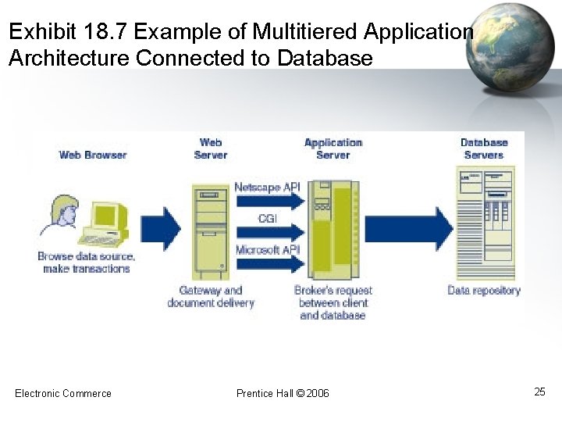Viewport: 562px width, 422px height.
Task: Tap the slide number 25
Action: pyautogui.click(x=539, y=392)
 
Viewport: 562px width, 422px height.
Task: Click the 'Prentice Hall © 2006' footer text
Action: pyautogui.click(x=283, y=393)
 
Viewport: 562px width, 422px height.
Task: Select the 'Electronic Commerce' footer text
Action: pyautogui.click(x=63, y=393)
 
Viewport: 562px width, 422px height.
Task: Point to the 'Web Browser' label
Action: pyautogui.click(x=92, y=155)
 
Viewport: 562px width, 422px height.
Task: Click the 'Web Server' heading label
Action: pyautogui.click(x=211, y=148)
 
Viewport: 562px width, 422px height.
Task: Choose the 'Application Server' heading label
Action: pyautogui.click(x=333, y=148)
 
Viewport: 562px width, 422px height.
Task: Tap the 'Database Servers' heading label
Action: pyautogui.click(x=484, y=148)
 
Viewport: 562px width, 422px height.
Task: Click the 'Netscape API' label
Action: pyautogui.click(x=267, y=187)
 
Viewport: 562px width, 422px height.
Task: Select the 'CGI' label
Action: pyautogui.click(x=267, y=219)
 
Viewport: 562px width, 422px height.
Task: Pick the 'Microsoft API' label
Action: pyautogui.click(x=267, y=249)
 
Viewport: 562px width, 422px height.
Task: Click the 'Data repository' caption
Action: pyautogui.click(x=484, y=291)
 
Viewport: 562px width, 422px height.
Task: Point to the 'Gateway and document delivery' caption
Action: pyautogui.click(x=211, y=297)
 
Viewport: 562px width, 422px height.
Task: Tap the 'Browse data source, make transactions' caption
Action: pyautogui.click(x=86, y=263)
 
